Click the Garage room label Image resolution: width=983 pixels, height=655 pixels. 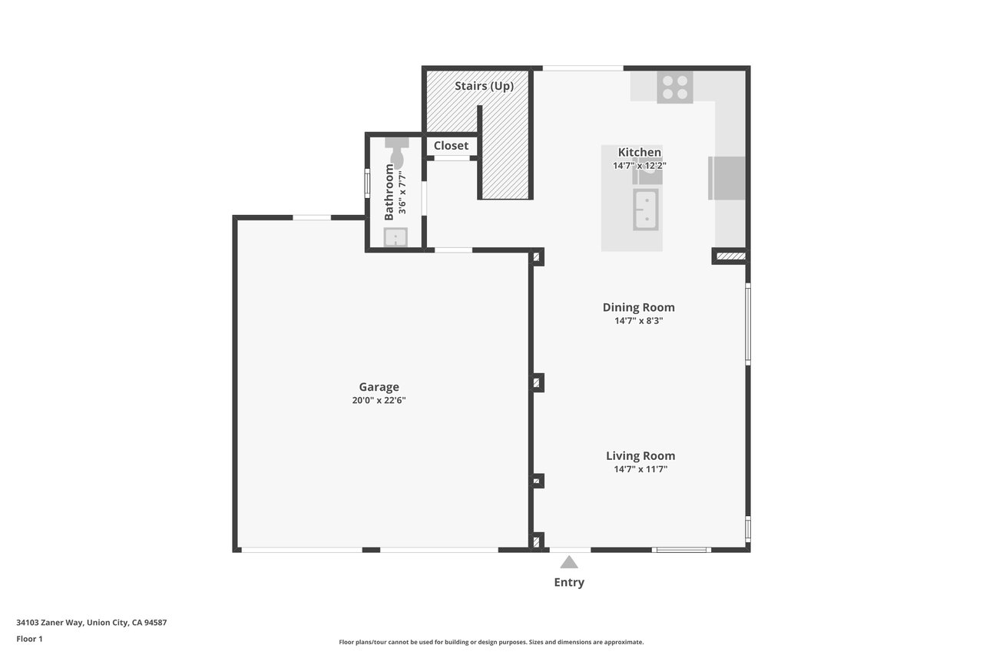pyautogui.click(x=379, y=387)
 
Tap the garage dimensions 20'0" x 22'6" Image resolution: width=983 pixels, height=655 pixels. pyautogui.click(x=379, y=400)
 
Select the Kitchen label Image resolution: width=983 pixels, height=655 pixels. pyautogui.click(x=640, y=152)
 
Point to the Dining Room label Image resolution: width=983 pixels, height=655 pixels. pyautogui.click(x=638, y=307)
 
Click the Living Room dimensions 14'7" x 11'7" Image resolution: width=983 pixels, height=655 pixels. pyautogui.click(x=640, y=469)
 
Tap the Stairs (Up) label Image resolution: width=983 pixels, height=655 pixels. pyautogui.click(x=484, y=86)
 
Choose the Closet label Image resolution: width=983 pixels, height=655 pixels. pyautogui.click(x=451, y=146)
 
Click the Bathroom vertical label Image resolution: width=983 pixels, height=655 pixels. pyautogui.click(x=389, y=192)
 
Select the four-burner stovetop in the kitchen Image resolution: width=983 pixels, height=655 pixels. pyautogui.click(x=675, y=88)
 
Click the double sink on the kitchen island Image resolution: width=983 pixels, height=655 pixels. pyautogui.click(x=646, y=210)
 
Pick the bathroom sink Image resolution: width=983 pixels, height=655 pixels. pyautogui.click(x=396, y=237)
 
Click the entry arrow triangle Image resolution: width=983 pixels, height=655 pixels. pyautogui.click(x=569, y=562)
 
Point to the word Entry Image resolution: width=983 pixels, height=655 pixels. pyautogui.click(x=569, y=582)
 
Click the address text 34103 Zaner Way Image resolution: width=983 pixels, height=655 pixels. pyautogui.click(x=50, y=622)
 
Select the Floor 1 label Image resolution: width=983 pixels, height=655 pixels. pyautogui.click(x=29, y=639)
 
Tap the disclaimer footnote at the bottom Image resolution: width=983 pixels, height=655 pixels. pyautogui.click(x=491, y=642)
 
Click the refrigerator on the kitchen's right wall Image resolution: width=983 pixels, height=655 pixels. pyautogui.click(x=726, y=178)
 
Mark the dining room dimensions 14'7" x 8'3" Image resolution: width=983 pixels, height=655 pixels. pyautogui.click(x=638, y=321)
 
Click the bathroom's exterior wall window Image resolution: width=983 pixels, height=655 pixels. pyautogui.click(x=367, y=184)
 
